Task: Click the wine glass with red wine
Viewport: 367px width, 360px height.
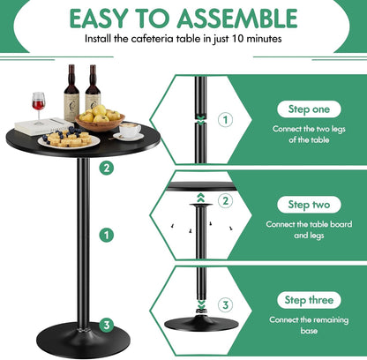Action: click(x=39, y=104)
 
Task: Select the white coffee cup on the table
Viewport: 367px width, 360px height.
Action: click(x=130, y=131)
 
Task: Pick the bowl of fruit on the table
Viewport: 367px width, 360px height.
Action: click(x=100, y=119)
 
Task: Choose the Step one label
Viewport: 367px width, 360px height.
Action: click(x=305, y=109)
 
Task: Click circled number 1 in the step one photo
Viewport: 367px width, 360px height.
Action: click(x=225, y=119)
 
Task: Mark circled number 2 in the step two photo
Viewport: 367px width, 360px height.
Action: click(x=225, y=201)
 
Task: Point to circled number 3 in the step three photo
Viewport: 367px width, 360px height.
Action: click(x=225, y=304)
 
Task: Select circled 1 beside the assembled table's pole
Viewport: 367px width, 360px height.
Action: click(x=107, y=235)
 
